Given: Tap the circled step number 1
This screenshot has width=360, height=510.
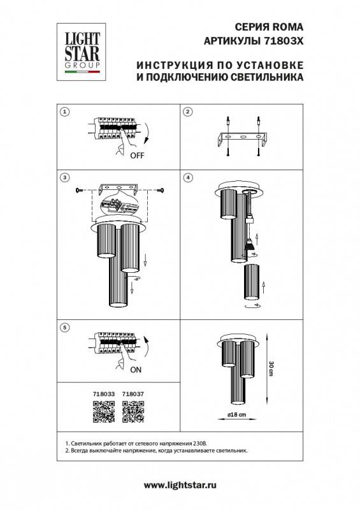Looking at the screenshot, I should click(x=64, y=113).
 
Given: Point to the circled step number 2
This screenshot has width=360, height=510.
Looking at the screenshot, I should click(x=187, y=113).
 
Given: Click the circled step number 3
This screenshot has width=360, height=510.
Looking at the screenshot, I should click(x=64, y=177).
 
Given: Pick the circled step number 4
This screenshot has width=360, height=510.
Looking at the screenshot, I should click(x=187, y=177).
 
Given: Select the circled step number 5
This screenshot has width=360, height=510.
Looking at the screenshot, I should click(x=64, y=327).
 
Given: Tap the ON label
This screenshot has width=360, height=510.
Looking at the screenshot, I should click(x=136, y=369).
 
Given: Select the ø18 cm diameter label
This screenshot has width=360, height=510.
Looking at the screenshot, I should click(x=238, y=415).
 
